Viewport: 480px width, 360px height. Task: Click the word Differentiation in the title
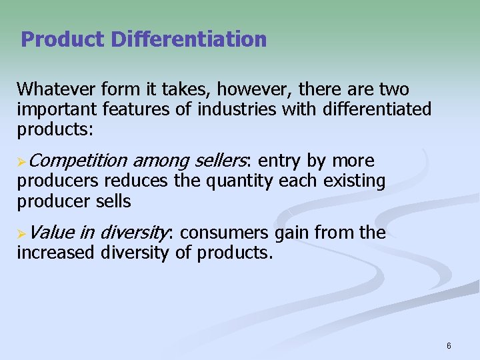(x=189, y=39)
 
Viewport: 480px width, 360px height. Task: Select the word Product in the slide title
(x=63, y=39)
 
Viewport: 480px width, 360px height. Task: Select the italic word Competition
(x=78, y=161)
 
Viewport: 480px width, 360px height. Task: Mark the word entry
(x=279, y=161)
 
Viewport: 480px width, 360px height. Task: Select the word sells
(x=113, y=200)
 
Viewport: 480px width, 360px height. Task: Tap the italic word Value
(x=51, y=233)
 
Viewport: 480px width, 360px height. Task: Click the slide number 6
(x=449, y=345)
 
